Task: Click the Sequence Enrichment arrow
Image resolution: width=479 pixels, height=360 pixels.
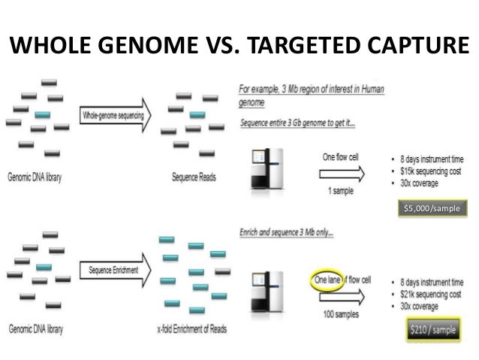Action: click(x=115, y=270)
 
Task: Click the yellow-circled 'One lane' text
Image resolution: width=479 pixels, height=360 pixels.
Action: click(x=325, y=280)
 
